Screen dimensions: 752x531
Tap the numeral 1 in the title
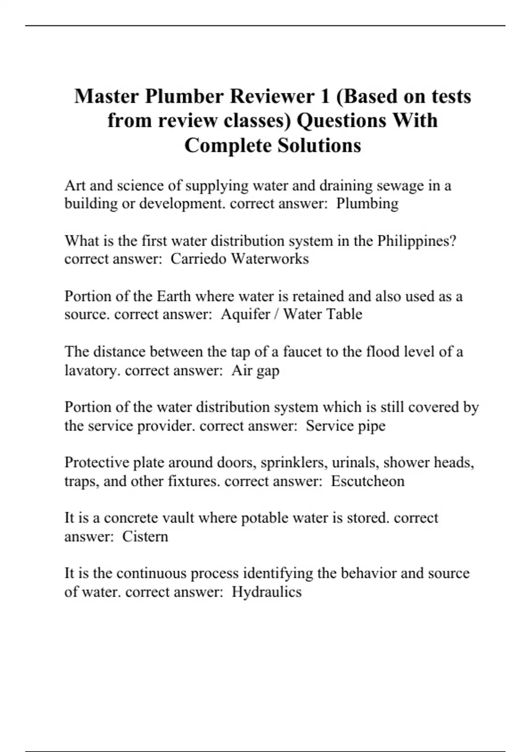pyautogui.click(x=324, y=96)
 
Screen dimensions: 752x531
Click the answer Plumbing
pyautogui.click(x=367, y=203)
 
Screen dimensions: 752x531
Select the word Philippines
pyautogui.click(x=416, y=241)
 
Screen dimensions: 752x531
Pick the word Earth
pyautogui.click(x=173, y=296)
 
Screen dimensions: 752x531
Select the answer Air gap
pyautogui.click(x=255, y=370)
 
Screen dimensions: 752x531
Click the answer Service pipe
pyautogui.click(x=346, y=426)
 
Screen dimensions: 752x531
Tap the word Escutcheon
pyautogui.click(x=368, y=481)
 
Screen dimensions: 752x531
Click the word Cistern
pyautogui.click(x=145, y=537)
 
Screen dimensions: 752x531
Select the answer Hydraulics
pyautogui.click(x=267, y=592)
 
